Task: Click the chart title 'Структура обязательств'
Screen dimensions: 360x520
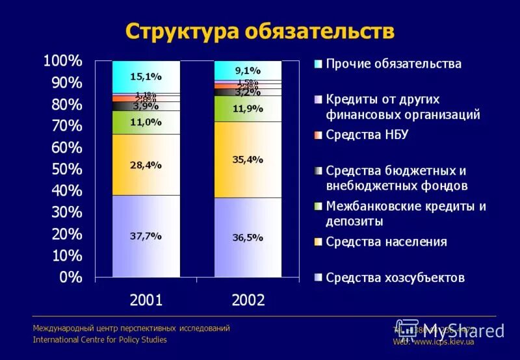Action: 259,31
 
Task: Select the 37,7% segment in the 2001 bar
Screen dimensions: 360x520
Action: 146,236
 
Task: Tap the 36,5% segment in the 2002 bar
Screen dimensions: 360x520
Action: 248,237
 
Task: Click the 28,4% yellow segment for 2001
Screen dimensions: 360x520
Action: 146,165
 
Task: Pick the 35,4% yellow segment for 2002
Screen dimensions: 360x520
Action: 248,159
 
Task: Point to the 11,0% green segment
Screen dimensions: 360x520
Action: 146,122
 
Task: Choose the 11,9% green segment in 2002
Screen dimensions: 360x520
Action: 248,109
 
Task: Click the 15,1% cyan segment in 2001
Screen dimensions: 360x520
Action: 146,77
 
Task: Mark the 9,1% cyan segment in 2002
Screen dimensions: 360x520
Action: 248,70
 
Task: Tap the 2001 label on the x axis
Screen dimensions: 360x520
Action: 146,300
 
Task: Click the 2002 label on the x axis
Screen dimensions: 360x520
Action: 248,300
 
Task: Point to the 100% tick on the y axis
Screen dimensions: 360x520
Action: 63,61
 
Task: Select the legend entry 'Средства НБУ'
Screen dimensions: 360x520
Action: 367,135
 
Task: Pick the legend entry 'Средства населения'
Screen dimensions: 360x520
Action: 386,242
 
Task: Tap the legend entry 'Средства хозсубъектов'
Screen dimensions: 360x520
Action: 395,277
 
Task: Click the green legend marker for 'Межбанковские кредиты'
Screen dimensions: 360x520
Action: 317,207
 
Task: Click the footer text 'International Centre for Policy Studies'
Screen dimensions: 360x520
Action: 99,339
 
